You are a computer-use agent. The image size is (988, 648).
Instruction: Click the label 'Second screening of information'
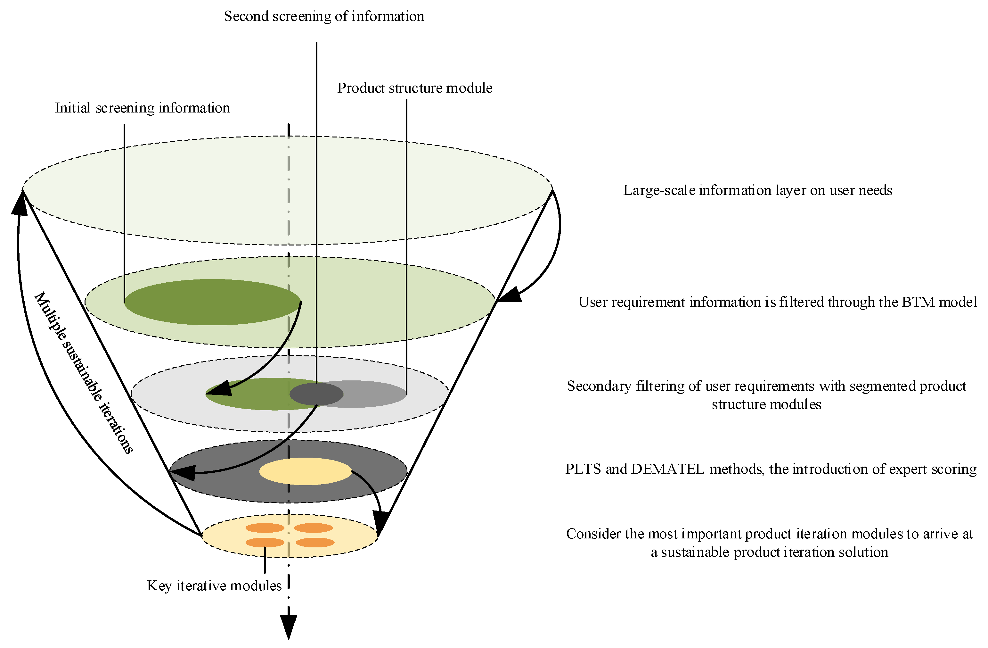point(324,17)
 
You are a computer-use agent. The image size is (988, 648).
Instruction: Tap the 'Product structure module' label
point(414,88)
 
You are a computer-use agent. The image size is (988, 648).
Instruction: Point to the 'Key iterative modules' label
point(214,586)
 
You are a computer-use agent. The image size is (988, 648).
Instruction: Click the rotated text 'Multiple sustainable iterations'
point(83,372)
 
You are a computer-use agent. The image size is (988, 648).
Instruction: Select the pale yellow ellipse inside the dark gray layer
point(306,471)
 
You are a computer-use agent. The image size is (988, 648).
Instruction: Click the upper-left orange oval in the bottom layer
point(265,528)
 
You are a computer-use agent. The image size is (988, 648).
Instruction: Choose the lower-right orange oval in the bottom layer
point(315,543)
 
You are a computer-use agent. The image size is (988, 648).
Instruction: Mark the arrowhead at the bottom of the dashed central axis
point(288,627)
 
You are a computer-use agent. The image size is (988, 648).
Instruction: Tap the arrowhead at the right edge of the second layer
point(509,295)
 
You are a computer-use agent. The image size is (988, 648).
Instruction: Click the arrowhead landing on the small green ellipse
point(219,388)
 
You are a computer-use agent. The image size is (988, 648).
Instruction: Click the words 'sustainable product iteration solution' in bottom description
point(774,552)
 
